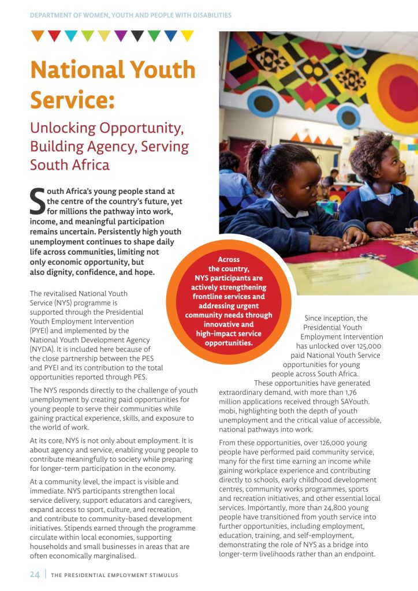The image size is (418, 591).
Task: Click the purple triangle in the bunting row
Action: pos(121,36)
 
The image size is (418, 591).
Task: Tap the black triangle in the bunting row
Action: pos(137,36)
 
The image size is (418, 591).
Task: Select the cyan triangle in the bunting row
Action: pos(70,36)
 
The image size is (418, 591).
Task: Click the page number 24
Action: pos(35,575)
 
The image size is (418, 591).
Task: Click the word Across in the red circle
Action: pos(229,260)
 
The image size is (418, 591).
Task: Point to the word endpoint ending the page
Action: pos(359,554)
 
